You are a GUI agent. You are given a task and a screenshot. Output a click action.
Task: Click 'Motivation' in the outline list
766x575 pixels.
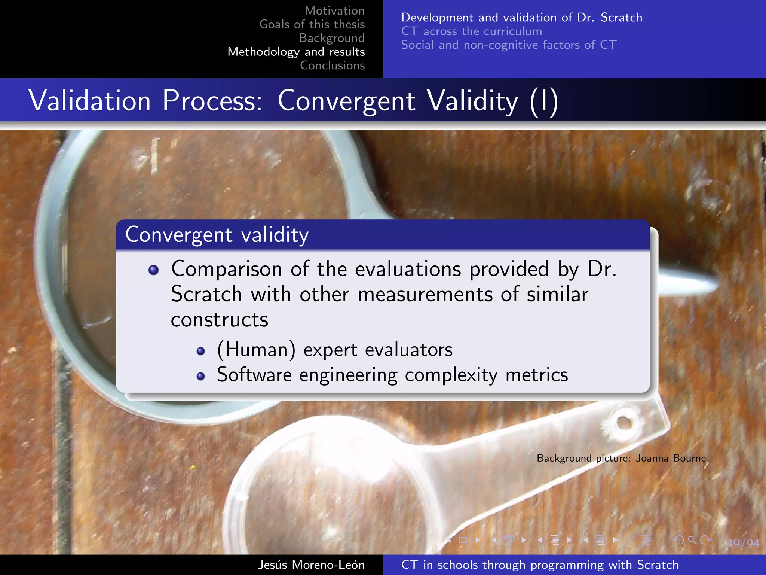pyautogui.click(x=334, y=10)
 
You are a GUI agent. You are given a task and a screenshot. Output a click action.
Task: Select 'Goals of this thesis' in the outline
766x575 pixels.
pyautogui.click(x=312, y=24)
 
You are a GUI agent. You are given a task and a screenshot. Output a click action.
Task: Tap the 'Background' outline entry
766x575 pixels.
pyautogui.click(x=331, y=38)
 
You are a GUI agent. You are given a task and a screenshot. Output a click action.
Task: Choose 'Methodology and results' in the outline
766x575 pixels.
pyautogui.click(x=296, y=52)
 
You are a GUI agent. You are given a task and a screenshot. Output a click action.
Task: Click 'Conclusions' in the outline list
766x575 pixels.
pyautogui.click(x=332, y=65)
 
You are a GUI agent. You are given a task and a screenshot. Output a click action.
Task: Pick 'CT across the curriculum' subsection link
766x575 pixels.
pyautogui.click(x=471, y=31)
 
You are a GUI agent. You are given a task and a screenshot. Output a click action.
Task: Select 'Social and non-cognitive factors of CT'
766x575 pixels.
pyautogui.click(x=508, y=45)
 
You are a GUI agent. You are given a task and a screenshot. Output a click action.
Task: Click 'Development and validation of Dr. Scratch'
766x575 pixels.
pyautogui.click(x=521, y=17)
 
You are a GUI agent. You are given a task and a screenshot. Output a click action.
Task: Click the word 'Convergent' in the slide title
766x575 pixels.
pyautogui.click(x=346, y=101)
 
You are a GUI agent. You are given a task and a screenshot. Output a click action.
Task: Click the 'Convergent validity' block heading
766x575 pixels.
pyautogui.click(x=217, y=235)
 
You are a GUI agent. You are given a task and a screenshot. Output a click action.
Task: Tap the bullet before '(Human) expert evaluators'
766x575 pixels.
pyautogui.click(x=201, y=351)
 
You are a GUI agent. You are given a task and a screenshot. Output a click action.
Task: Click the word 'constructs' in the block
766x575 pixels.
pyautogui.click(x=220, y=320)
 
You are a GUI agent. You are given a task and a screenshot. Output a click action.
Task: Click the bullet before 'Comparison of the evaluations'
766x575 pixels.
pyautogui.click(x=153, y=270)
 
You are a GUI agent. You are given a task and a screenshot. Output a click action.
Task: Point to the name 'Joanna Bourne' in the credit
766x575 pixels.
pyautogui.click(x=671, y=458)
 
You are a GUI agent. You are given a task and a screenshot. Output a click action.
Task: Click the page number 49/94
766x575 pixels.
pyautogui.click(x=743, y=543)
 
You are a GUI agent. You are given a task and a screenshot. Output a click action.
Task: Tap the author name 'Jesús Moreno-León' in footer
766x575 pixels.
pyautogui.click(x=311, y=565)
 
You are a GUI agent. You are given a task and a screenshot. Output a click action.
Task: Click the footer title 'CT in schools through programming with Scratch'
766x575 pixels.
pyautogui.click(x=539, y=565)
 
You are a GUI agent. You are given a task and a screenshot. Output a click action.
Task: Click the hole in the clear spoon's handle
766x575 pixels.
pyautogui.click(x=623, y=423)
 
